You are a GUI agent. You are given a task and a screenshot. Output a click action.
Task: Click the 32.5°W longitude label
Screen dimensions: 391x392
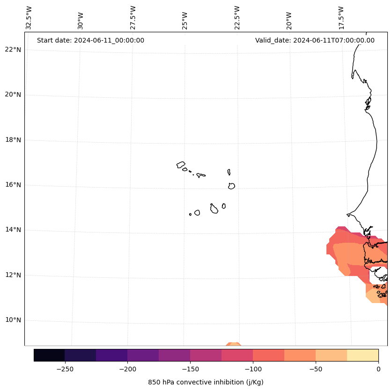(x=29, y=17)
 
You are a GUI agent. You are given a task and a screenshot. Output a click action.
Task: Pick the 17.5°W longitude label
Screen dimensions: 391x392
(x=341, y=17)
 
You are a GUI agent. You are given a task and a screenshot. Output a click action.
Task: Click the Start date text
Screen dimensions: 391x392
(x=90, y=40)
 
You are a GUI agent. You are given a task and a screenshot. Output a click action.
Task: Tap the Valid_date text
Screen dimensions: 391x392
(x=315, y=40)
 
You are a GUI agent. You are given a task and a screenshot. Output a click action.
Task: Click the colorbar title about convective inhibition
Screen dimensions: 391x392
(x=206, y=382)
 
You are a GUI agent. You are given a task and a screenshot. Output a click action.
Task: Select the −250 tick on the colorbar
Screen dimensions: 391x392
(x=65, y=369)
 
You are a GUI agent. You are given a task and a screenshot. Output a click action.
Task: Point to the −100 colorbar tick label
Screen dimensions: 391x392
(x=253, y=369)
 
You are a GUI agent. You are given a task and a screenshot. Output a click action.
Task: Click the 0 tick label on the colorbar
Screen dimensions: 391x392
(x=378, y=369)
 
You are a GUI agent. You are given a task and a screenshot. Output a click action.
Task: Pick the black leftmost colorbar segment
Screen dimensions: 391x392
(x=49, y=355)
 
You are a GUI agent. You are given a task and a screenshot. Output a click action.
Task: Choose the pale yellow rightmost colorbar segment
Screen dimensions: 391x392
(x=362, y=355)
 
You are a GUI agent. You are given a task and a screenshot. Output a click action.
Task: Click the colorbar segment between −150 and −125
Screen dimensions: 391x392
(x=206, y=355)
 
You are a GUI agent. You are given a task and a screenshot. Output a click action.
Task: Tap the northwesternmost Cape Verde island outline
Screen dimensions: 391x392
(x=181, y=165)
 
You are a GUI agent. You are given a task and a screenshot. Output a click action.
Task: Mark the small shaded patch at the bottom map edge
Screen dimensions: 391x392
(x=233, y=344)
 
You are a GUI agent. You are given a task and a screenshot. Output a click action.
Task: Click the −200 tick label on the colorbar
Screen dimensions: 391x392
(x=127, y=369)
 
